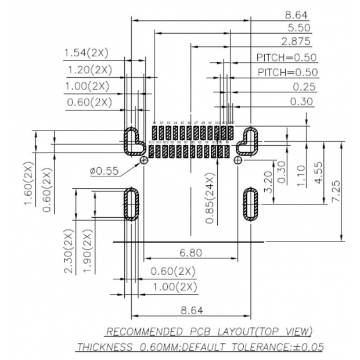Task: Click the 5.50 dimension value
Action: tap(298, 27)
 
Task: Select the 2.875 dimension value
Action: tap(296, 41)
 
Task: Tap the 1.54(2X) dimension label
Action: tap(86, 53)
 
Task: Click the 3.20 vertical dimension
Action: tap(268, 181)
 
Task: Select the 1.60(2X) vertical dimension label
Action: tap(29, 183)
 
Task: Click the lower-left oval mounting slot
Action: tap(132, 204)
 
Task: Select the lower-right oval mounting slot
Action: tap(251, 204)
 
